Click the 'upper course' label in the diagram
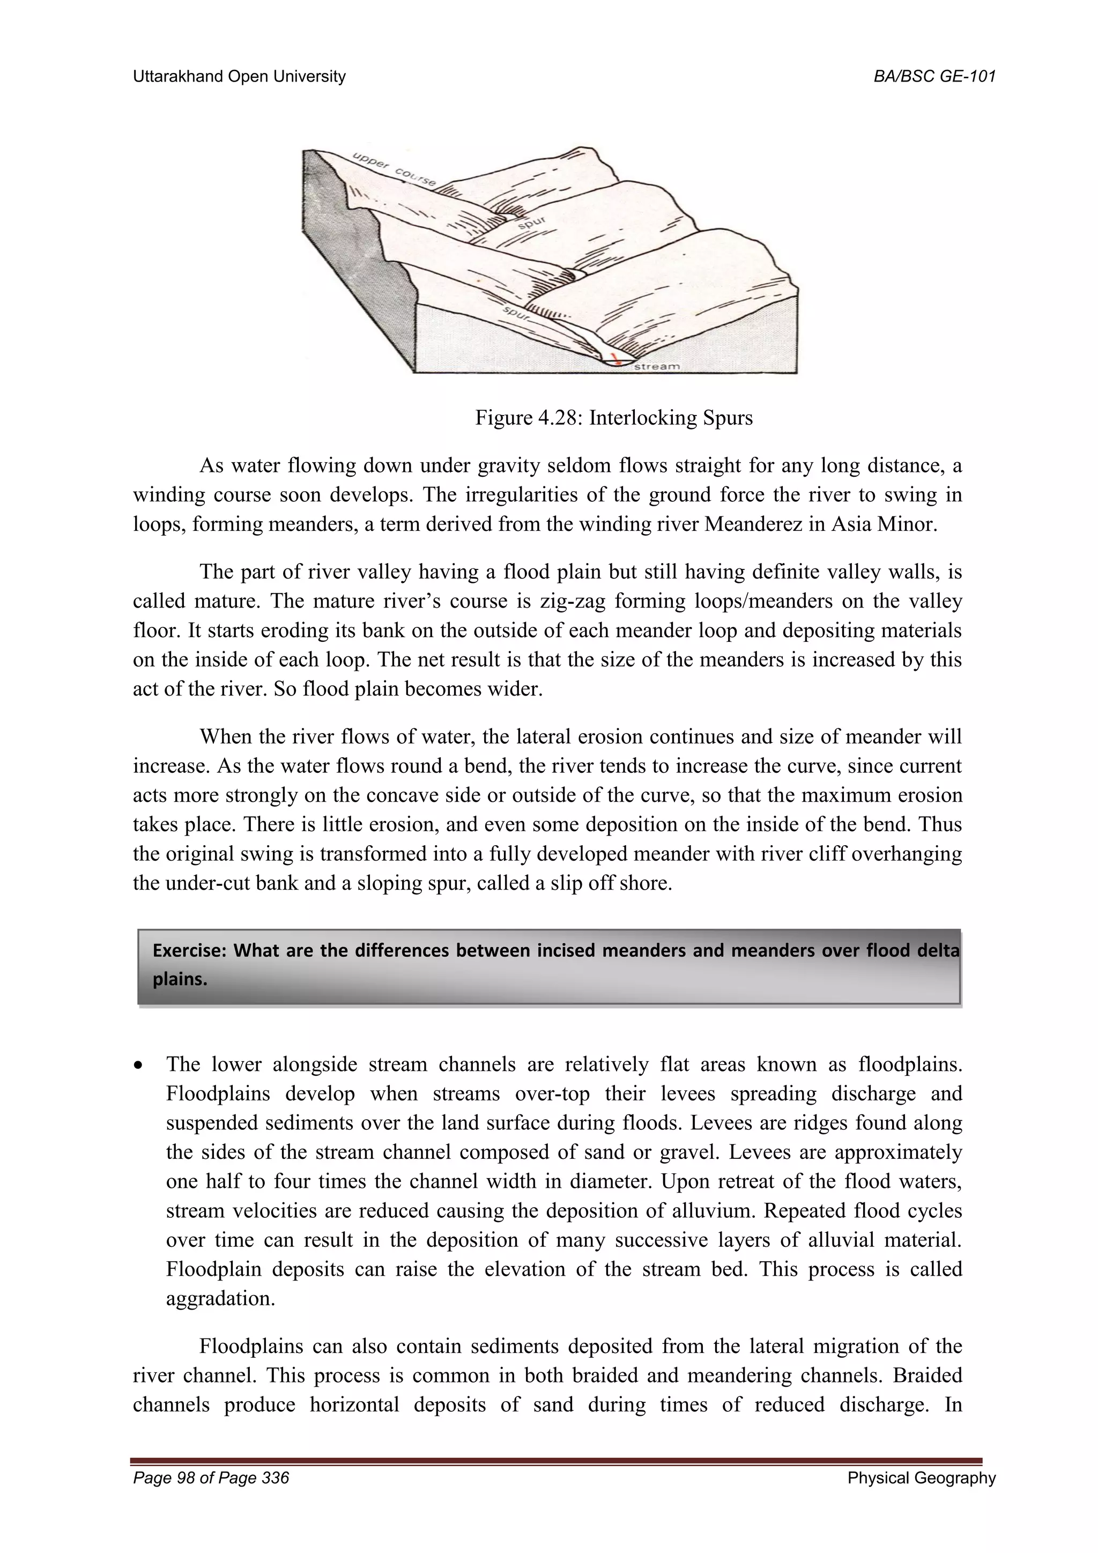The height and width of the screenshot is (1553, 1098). (394, 169)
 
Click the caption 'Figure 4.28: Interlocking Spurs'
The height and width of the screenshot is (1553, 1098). (614, 417)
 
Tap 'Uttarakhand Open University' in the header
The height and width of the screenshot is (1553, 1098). (239, 77)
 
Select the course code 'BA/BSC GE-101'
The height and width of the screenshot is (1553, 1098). (934, 77)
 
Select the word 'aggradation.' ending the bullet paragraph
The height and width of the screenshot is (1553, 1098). (220, 1299)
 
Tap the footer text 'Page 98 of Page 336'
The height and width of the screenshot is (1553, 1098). (211, 1497)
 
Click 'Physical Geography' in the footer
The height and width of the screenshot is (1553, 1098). (922, 1497)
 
